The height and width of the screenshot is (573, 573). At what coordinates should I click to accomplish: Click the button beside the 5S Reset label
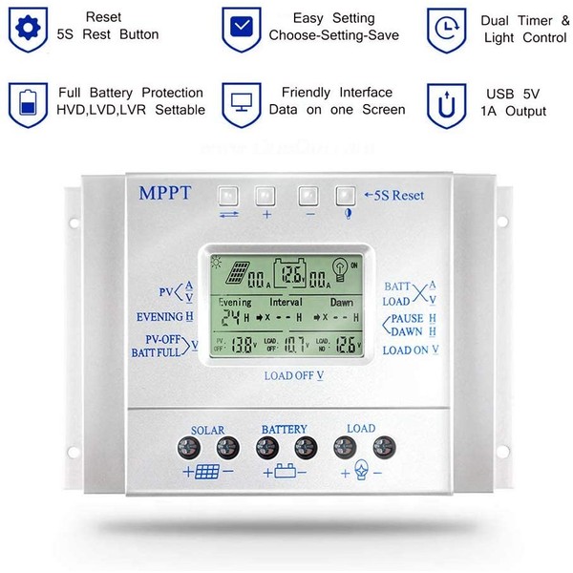click(344, 196)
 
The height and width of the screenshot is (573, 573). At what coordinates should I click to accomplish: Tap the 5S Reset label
click(394, 196)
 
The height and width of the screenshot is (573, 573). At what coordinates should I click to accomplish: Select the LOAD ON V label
click(411, 350)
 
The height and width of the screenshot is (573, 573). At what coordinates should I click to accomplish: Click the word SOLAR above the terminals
click(207, 429)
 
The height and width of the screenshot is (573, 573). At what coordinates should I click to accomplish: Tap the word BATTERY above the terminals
click(284, 429)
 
